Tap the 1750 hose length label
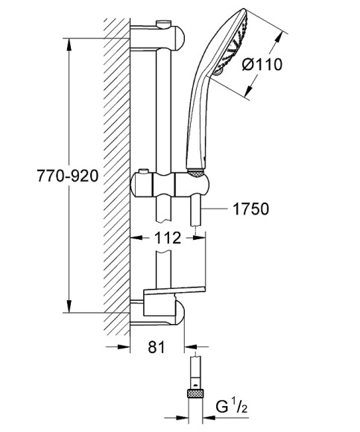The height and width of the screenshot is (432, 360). click(250, 210)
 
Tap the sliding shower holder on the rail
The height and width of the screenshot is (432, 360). click(168, 182)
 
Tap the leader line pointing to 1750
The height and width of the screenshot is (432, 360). click(217, 211)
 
